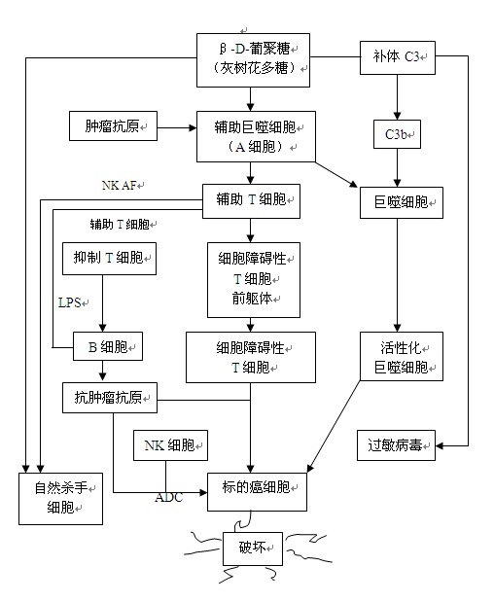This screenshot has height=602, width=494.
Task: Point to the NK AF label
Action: click(120, 186)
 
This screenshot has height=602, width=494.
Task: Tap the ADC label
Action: click(169, 498)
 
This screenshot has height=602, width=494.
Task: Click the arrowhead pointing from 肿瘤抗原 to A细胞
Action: click(193, 127)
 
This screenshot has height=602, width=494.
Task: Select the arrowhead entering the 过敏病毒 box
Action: click(440, 445)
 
